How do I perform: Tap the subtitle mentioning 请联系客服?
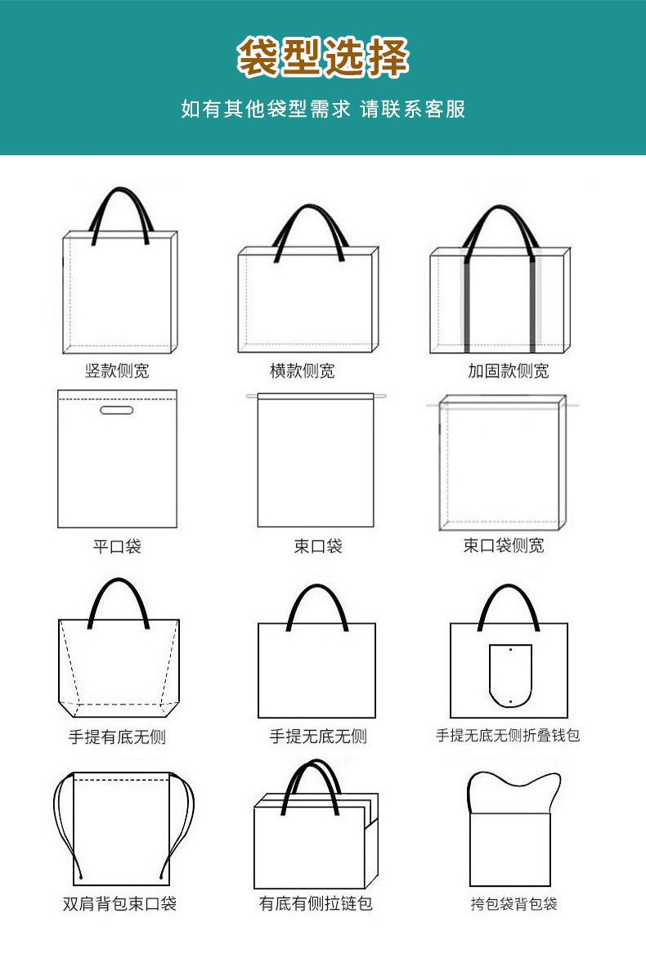pos(323,109)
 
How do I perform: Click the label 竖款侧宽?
pos(117,371)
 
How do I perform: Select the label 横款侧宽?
pos(303,371)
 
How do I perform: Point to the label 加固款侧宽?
pos(508,371)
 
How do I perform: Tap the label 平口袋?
pos(117,546)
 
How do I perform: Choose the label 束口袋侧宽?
pos(504,545)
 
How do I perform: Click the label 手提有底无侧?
pos(117,736)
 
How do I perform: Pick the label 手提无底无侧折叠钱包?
pos(508,736)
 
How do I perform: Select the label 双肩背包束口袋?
pos(119,903)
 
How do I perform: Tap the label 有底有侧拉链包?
pos(316,903)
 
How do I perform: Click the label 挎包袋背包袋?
pos(514,904)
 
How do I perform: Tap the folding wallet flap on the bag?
pos(510,675)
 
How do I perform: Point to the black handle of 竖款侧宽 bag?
pos(119,194)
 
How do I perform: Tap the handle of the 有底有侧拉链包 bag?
pos(316,768)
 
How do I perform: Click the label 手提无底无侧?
pos(318,736)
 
